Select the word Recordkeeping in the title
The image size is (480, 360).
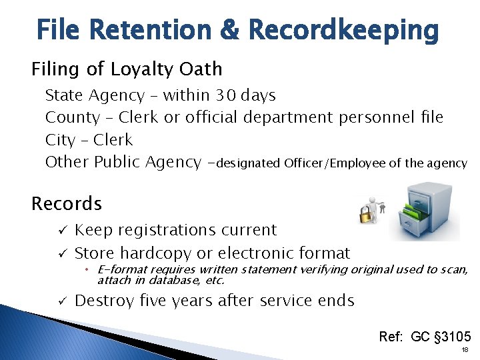(343, 31)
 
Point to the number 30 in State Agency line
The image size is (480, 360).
(225, 95)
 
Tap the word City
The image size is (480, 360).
(60, 140)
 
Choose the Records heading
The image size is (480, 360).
(67, 203)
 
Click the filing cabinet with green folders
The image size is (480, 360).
(425, 211)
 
